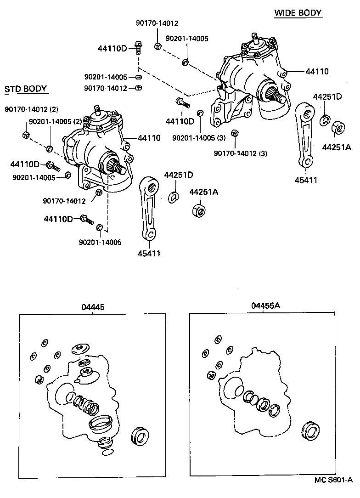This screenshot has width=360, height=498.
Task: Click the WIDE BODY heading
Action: point(298,13)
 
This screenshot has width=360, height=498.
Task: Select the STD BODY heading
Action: point(26,89)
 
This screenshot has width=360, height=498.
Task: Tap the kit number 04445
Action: point(93,306)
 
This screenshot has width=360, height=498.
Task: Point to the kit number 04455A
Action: point(265,306)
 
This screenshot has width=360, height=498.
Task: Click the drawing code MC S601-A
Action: point(333,492)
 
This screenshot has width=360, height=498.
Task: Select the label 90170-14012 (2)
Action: point(32,109)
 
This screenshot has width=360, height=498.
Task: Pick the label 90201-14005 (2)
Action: point(55,121)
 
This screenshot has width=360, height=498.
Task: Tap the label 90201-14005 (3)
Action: point(199,138)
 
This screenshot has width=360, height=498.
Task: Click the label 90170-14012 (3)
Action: point(241,153)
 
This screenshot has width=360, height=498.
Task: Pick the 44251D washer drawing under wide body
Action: point(324,120)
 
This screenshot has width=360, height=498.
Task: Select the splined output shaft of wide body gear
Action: point(277,96)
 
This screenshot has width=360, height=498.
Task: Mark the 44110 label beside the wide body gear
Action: point(317,71)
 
